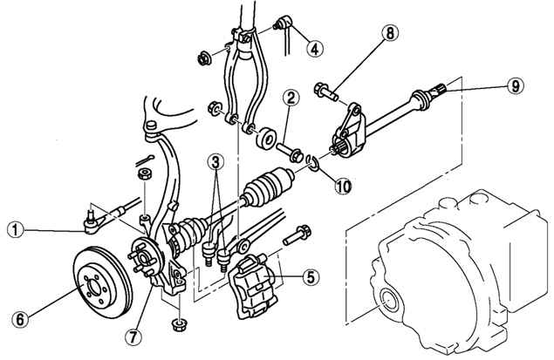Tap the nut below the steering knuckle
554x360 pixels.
(179, 328)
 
